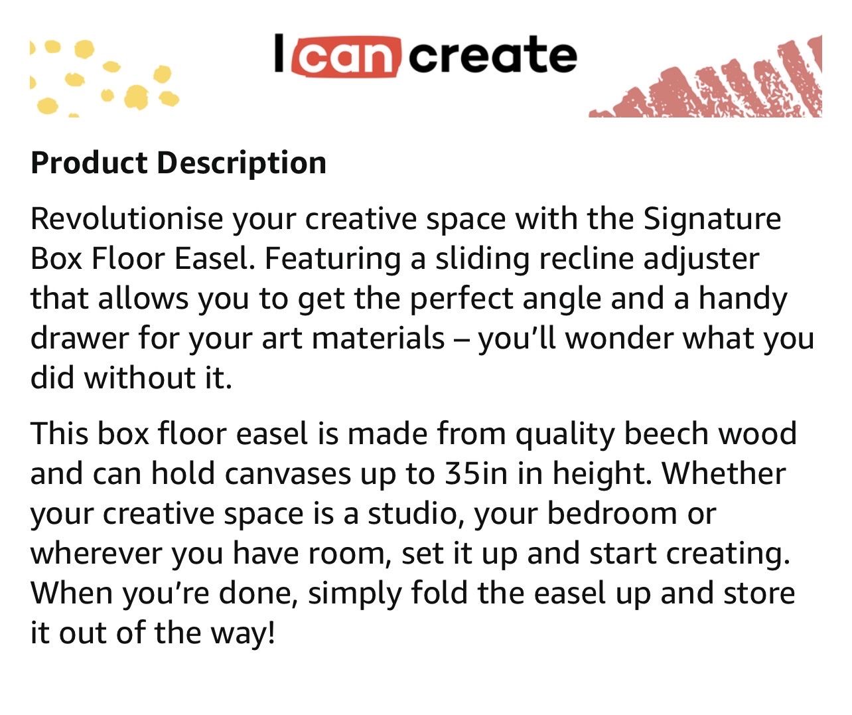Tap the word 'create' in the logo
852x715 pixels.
pos(493,55)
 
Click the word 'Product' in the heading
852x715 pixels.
pos(89,163)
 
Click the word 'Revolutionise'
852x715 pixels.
pos(127,219)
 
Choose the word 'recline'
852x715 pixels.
pos(586,260)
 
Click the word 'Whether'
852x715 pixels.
pos(723,474)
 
